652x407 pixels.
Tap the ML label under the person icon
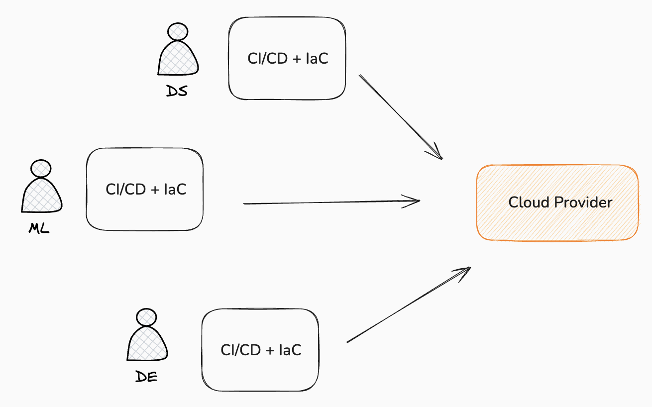[39, 228]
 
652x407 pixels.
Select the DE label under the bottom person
[147, 377]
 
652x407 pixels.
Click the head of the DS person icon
[178, 32]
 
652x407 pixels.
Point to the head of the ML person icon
[40, 169]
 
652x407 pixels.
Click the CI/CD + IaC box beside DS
[287, 58]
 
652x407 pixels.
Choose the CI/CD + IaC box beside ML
[145, 189]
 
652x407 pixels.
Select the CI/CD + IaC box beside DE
[260, 350]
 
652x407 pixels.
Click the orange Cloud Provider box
[557, 203]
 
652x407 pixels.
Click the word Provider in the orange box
[583, 203]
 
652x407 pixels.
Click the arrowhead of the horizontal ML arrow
[416, 201]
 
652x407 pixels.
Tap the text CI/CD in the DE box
[240, 350]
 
